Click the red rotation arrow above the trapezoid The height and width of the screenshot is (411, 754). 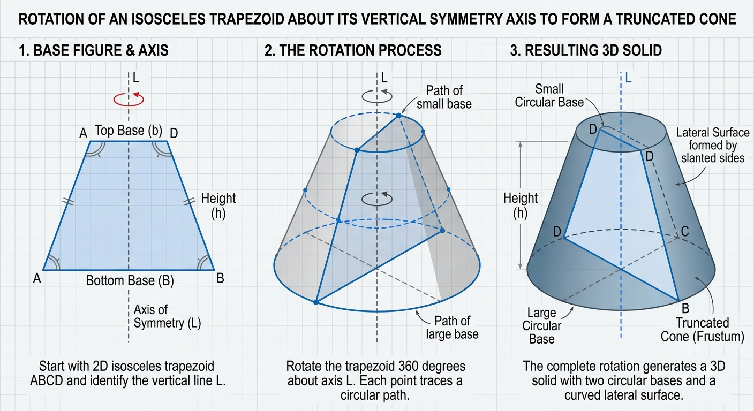point(129,99)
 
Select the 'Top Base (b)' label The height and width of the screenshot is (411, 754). point(128,130)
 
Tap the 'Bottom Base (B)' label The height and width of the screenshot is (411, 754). point(130,280)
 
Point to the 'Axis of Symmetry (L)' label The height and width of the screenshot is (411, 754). point(167,316)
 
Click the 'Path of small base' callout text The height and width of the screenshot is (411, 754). point(444,97)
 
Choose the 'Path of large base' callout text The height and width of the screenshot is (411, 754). point(452,328)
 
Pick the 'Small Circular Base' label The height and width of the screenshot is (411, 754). point(549,96)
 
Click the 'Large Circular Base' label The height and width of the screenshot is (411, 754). point(541,325)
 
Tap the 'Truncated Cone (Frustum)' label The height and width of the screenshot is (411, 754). point(703,330)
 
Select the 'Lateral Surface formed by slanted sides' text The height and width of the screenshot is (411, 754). point(713,146)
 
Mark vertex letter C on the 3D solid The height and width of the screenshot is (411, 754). point(685,231)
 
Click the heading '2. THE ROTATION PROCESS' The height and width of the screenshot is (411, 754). point(353,50)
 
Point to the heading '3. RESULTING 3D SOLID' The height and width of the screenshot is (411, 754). point(586,50)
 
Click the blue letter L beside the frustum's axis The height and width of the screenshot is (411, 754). point(628,78)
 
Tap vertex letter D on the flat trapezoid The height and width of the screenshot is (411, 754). point(174,134)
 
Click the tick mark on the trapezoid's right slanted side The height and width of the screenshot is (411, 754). point(189,201)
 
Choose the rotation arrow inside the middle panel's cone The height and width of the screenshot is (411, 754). point(377,199)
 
